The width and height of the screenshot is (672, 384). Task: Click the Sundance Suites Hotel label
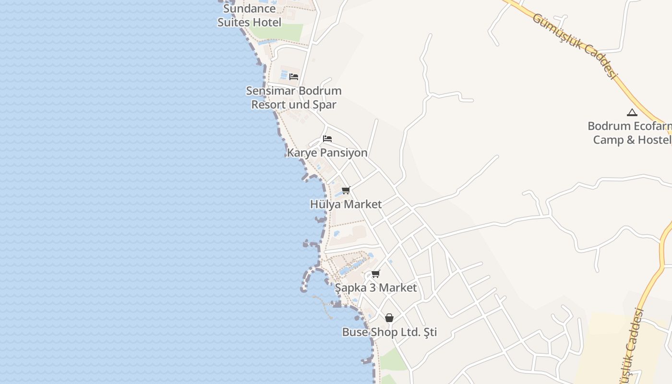250,15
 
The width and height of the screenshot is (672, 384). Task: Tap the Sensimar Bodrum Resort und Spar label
294,97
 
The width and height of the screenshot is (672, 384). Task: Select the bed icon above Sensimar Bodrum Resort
294,76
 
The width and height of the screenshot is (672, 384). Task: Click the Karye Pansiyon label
327,153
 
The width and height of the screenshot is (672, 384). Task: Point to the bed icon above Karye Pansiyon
327,139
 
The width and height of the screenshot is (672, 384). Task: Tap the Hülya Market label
346,204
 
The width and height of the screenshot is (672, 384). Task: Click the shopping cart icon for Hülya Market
346,190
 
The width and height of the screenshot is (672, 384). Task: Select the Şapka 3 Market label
376,288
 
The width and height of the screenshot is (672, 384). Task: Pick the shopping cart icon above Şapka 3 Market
376,274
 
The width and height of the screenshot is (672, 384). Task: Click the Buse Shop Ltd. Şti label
389,332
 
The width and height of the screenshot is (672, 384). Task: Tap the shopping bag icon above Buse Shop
389,318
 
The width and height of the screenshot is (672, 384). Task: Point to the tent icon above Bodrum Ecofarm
632,113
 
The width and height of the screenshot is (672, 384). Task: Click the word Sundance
250,9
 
